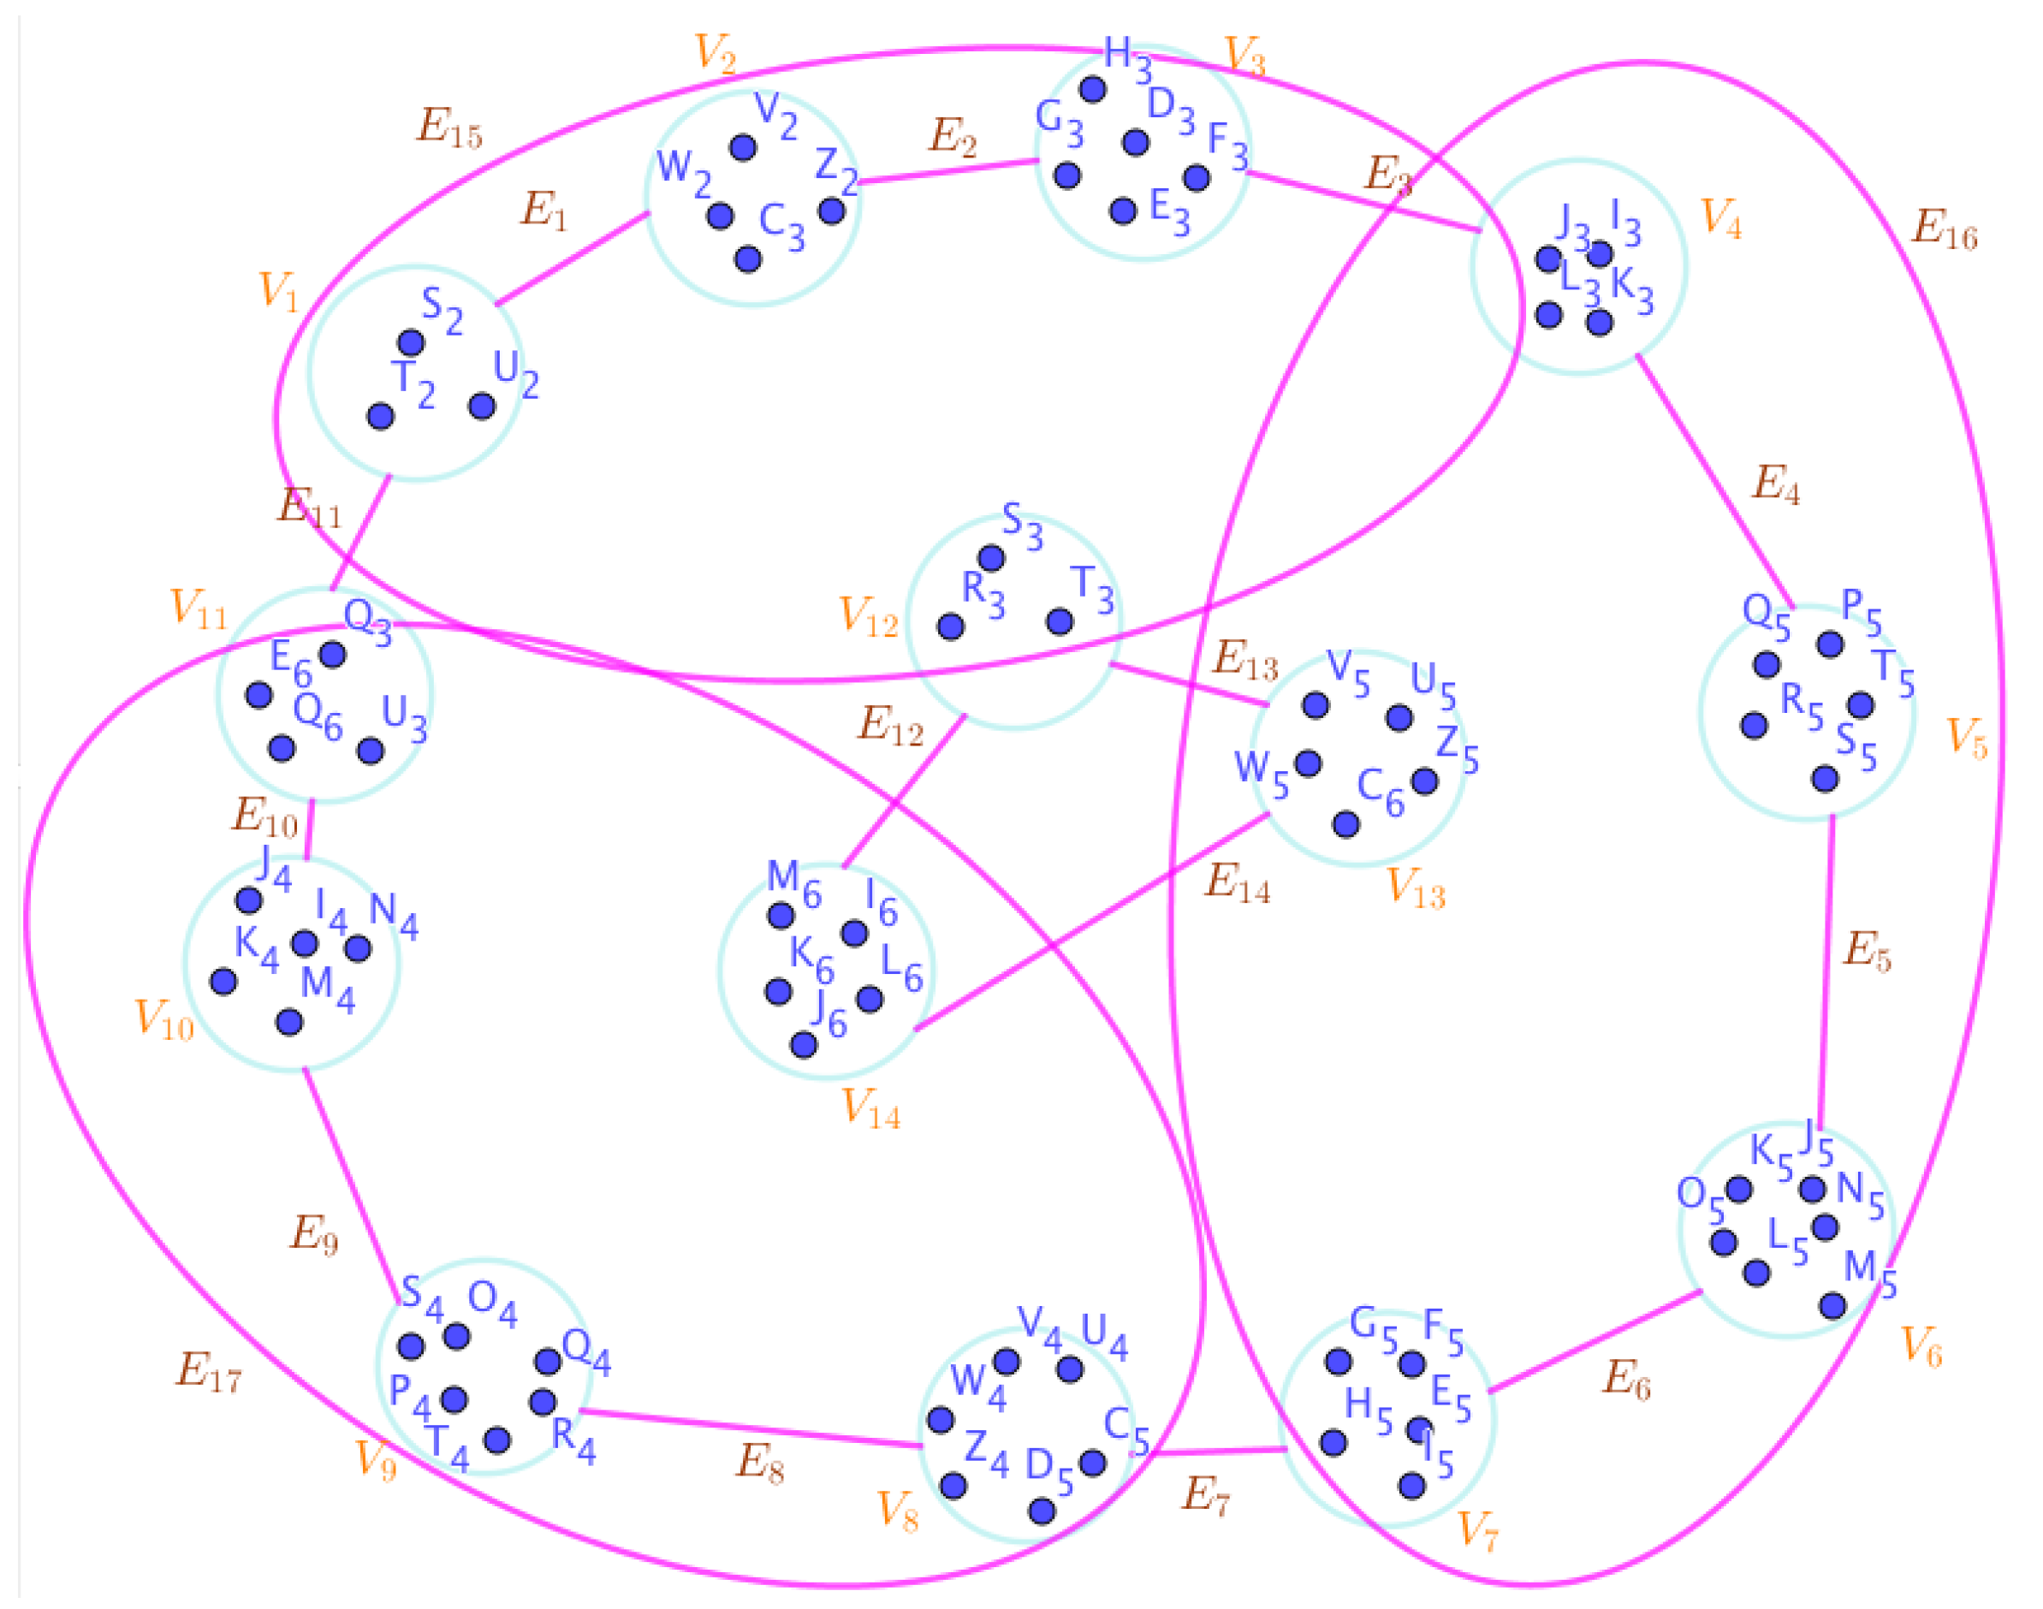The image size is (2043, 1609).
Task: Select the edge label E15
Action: tap(449, 128)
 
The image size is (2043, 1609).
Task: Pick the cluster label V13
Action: tap(1416, 888)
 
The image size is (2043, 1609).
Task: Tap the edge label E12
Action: tap(890, 727)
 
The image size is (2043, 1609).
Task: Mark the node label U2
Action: tap(516, 374)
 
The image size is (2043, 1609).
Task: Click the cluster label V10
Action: tap(163, 1020)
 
